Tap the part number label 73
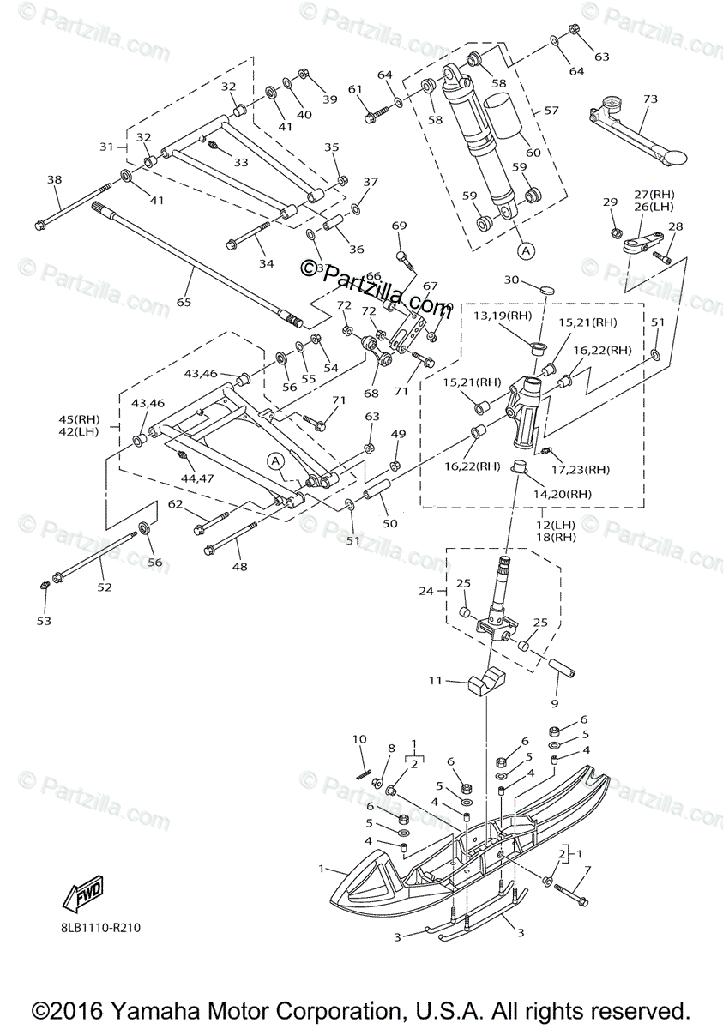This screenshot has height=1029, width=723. (x=649, y=100)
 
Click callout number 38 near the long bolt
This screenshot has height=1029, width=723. (x=55, y=180)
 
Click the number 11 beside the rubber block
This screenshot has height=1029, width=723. (x=435, y=681)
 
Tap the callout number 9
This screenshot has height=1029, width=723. (x=554, y=703)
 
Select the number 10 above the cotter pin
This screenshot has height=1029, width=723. (x=359, y=739)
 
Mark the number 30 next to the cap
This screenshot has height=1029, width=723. (x=512, y=280)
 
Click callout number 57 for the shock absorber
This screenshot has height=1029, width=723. (x=551, y=110)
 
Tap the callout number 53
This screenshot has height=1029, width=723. (x=44, y=620)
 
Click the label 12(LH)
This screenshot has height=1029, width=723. (x=541, y=523)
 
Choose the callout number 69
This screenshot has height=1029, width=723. (x=400, y=226)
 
